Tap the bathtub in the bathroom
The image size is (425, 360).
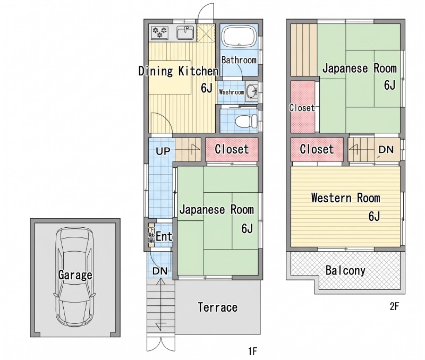coord(239,37)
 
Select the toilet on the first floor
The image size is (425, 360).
coord(246,121)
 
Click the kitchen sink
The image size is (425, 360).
coord(185,33)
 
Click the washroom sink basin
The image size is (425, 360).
coord(252,91)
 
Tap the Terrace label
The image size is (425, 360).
coord(218,307)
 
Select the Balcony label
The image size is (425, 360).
coord(345,270)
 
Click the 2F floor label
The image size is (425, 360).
coord(394,306)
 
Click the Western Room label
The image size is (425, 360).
coord(346,198)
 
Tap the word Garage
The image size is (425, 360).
coord(75,275)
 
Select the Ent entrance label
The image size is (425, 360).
coord(164,236)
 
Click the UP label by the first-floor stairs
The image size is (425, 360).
coord(163,151)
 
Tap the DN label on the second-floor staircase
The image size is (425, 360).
coord(386,149)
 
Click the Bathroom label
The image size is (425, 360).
coord(239,60)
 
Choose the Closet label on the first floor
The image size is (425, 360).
coord(232,149)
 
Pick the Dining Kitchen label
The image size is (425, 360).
coord(178,71)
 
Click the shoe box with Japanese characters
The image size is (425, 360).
coord(151,235)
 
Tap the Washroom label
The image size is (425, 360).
coord(232,92)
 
